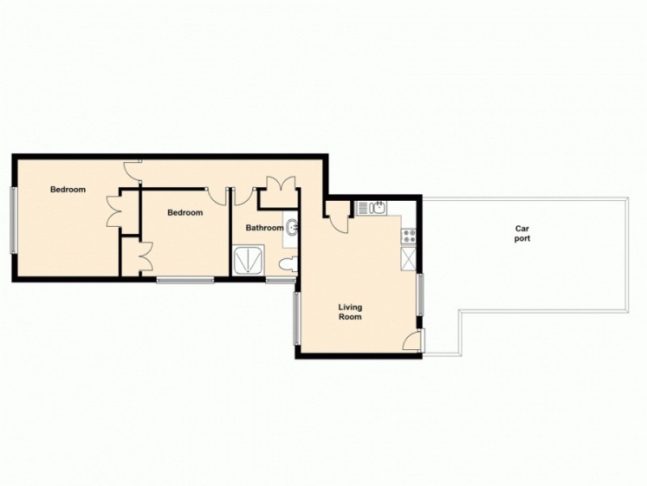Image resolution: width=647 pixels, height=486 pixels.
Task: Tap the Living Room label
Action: pyautogui.click(x=349, y=312)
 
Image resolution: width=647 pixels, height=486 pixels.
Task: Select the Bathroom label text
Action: pyautogui.click(x=264, y=228)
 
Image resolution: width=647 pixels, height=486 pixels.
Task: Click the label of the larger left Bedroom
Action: pyautogui.click(x=67, y=190)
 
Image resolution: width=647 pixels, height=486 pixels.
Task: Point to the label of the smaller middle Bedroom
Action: pyautogui.click(x=184, y=213)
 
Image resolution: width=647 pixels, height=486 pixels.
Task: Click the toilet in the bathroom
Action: pyautogui.click(x=285, y=264)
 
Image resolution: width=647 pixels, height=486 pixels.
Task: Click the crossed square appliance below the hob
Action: pyautogui.click(x=409, y=259)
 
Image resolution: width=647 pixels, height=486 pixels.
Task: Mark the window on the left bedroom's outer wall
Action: pyautogui.click(x=12, y=220)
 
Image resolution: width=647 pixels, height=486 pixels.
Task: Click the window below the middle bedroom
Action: pyautogui.click(x=185, y=280)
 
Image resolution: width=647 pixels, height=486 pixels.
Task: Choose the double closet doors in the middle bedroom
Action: pyautogui.click(x=143, y=258)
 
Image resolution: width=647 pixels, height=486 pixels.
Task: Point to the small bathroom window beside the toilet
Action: pyautogui.click(x=281, y=280)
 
